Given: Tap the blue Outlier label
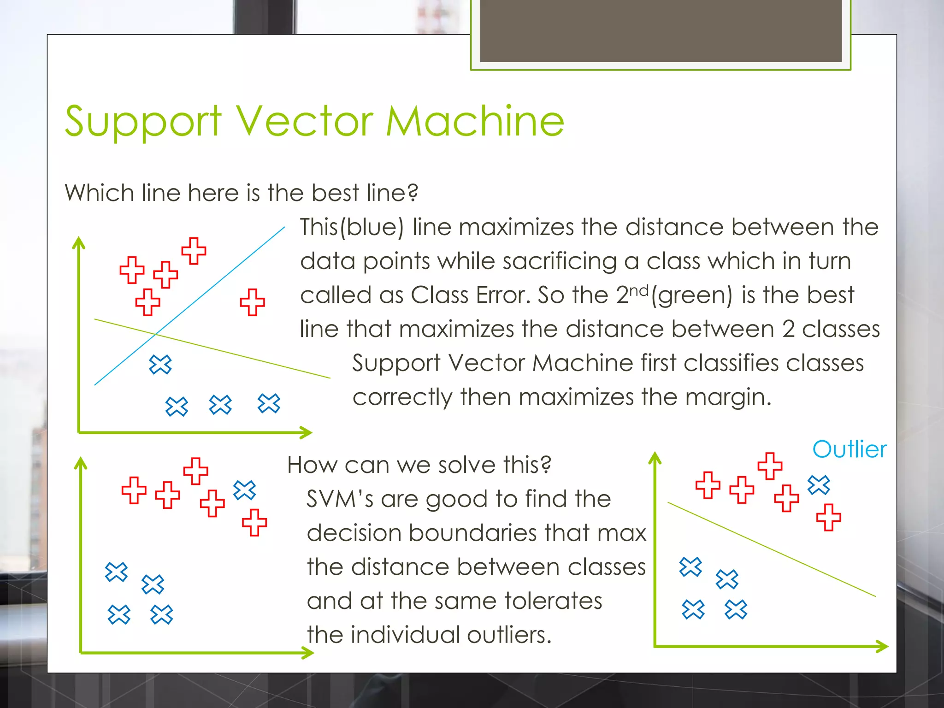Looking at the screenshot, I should (x=849, y=449).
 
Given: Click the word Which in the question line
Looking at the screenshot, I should (x=99, y=193).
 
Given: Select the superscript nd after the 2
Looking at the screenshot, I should (x=639, y=290).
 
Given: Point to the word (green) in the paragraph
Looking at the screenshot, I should (x=691, y=295).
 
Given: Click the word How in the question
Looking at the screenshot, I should (x=312, y=465).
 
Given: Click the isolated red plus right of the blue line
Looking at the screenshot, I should (x=253, y=302).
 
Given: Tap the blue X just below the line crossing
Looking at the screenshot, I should (x=160, y=365).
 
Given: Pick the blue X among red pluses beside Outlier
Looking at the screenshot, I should (x=819, y=485).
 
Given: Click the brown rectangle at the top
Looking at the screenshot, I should (x=661, y=30).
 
